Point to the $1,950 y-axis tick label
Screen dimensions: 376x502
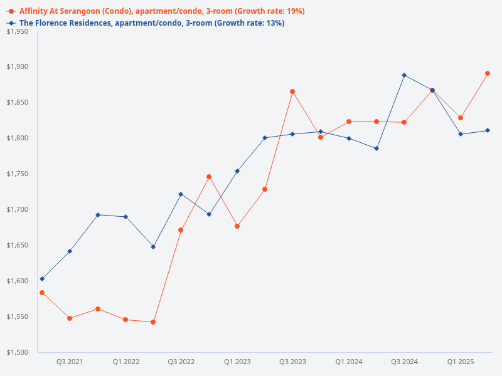17,31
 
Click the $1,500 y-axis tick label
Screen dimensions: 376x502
17,352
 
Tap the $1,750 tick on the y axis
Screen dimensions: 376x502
17,174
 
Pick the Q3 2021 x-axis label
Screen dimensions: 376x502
70,362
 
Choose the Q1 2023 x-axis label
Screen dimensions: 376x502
237,362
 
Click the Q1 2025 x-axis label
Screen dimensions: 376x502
461,362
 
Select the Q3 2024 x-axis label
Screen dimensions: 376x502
404,362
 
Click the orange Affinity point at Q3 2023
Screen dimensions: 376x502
292,91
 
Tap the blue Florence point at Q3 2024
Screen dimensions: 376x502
404,75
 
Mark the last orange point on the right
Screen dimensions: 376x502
488,73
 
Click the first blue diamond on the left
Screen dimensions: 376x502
42,279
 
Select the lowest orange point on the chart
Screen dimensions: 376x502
153,322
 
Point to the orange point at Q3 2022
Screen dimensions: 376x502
181,230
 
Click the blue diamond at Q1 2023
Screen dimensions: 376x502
237,171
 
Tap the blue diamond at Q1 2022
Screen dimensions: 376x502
125,217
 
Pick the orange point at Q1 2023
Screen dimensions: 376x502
237,226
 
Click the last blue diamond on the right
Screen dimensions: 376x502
488,130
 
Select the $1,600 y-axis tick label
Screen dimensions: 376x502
17,281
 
